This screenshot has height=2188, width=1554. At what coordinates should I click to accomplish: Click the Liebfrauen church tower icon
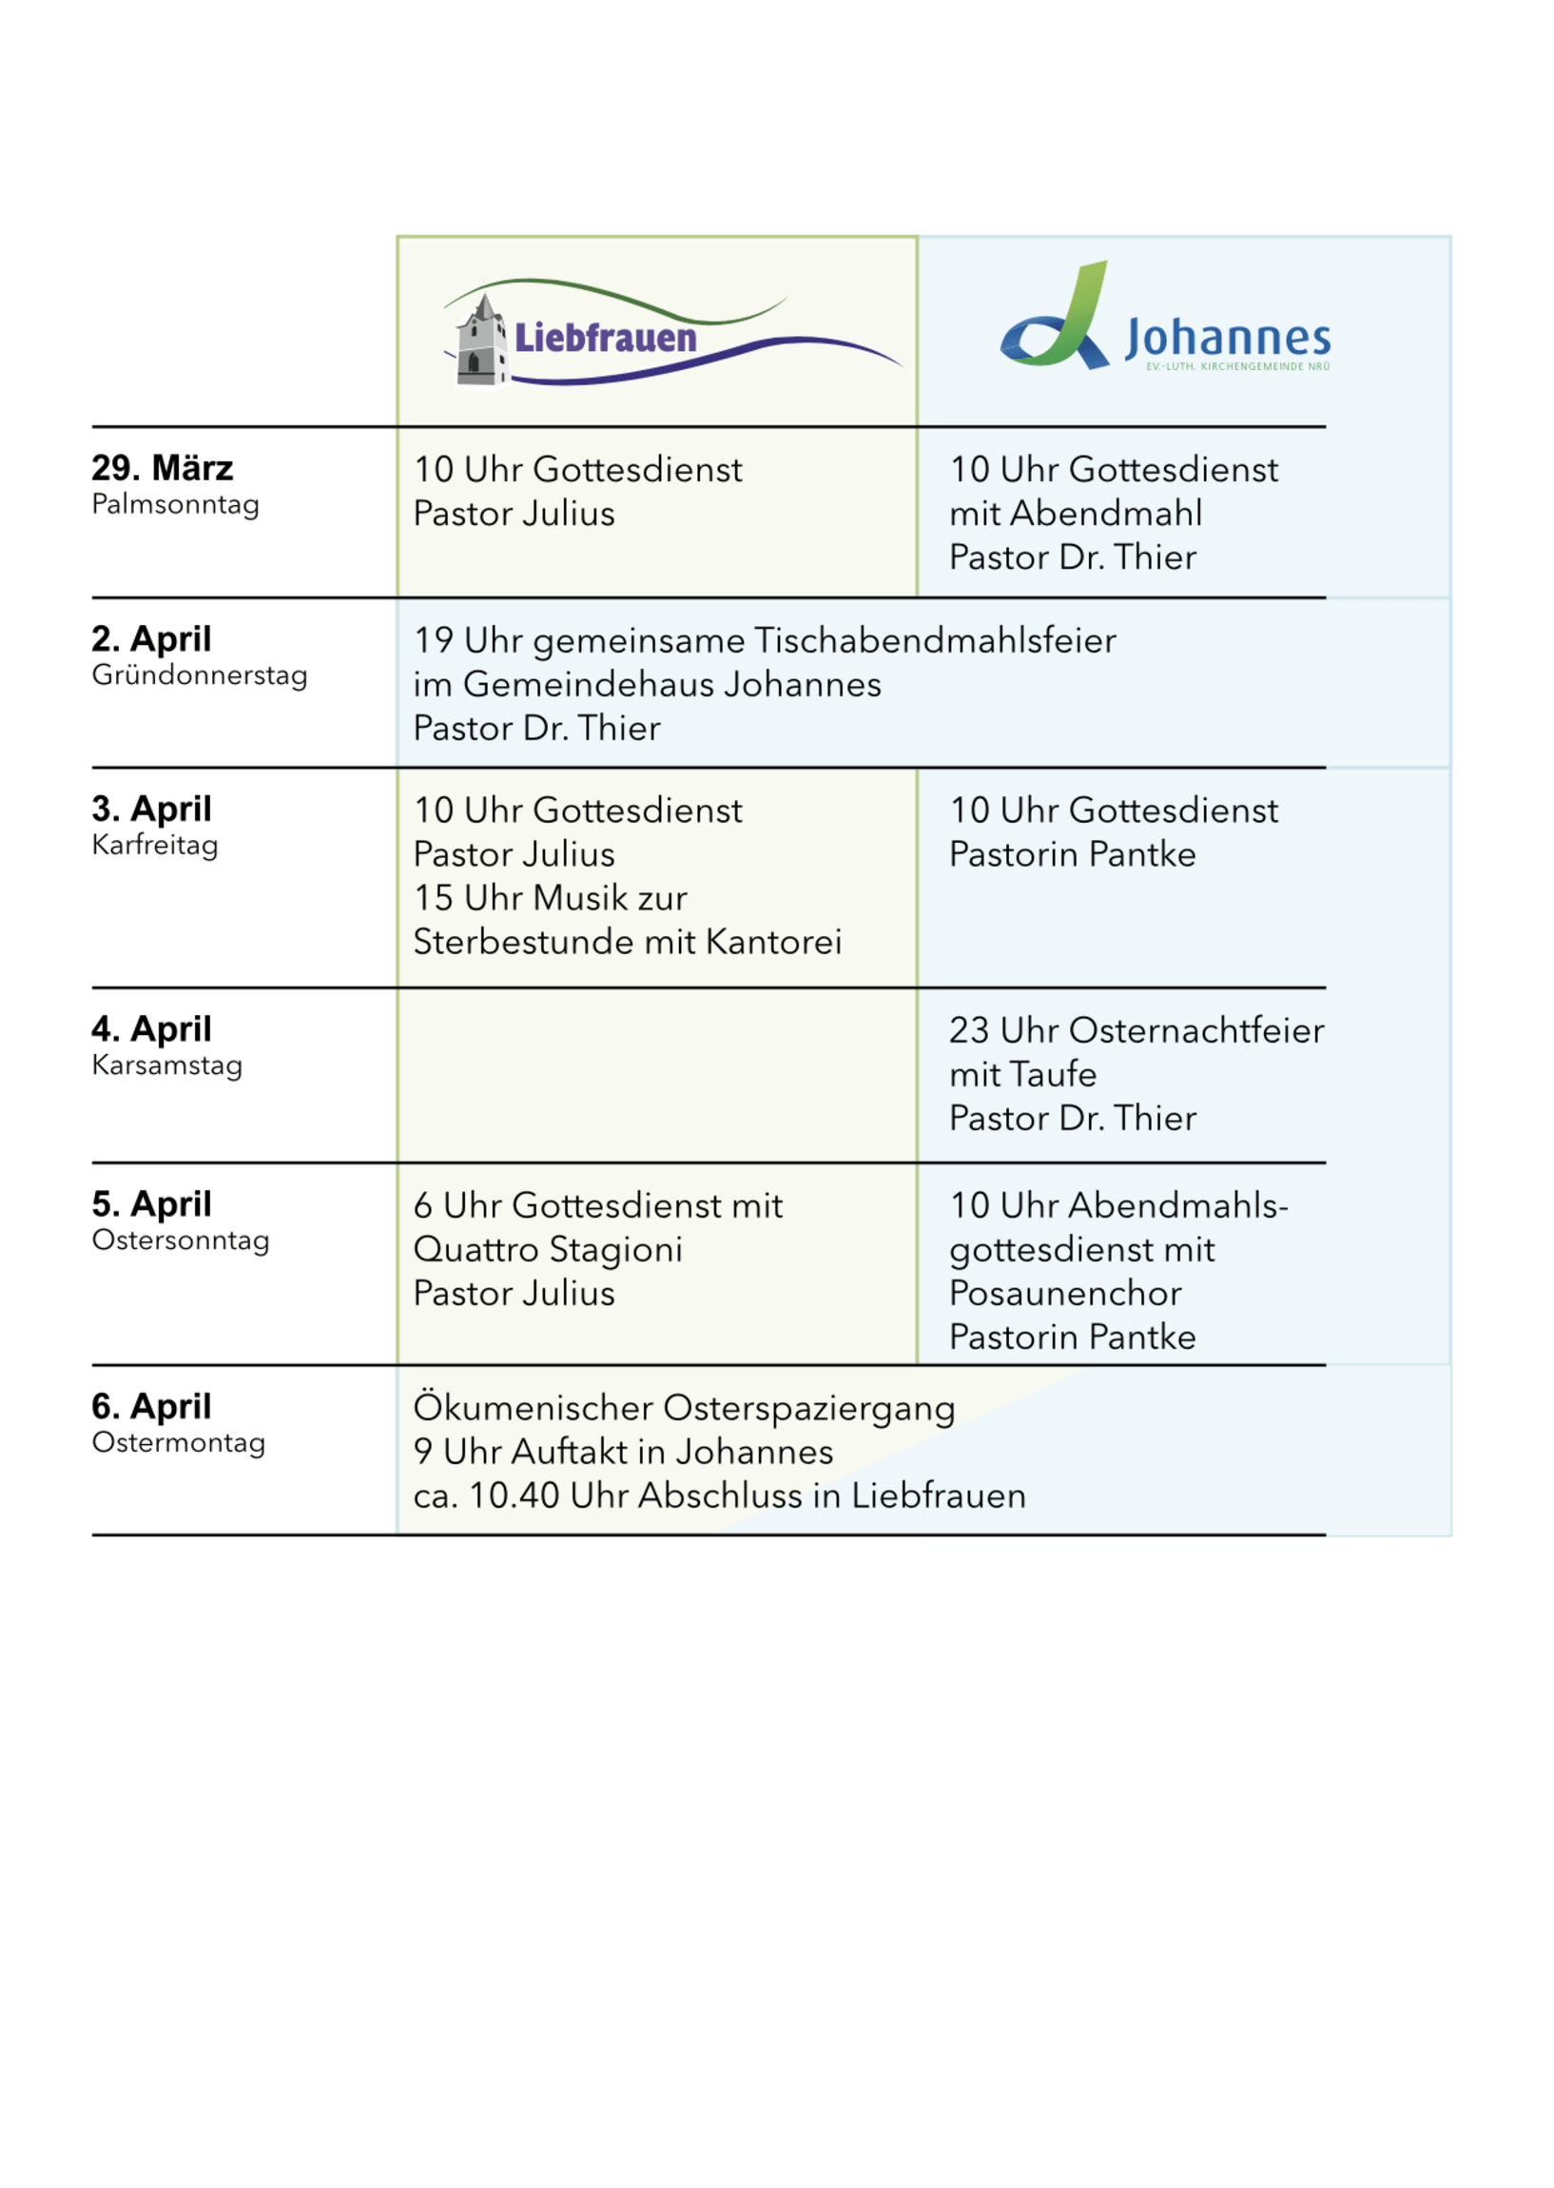pyautogui.click(x=481, y=342)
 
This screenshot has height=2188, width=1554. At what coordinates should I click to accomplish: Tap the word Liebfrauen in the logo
pyautogui.click(x=605, y=338)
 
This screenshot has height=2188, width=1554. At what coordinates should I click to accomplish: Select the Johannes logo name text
pyautogui.click(x=1227, y=338)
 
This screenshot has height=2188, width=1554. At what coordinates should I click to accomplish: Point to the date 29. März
pyautogui.click(x=163, y=468)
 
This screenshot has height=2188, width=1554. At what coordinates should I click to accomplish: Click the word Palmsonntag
pyautogui.click(x=175, y=504)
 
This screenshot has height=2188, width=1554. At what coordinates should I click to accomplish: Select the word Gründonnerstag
pyautogui.click(x=199, y=674)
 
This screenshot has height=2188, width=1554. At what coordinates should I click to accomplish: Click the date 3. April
pyautogui.click(x=151, y=809)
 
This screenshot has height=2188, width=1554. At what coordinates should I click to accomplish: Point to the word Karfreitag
pyautogui.click(x=155, y=845)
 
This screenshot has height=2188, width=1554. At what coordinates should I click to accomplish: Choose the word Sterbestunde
pyautogui.click(x=523, y=942)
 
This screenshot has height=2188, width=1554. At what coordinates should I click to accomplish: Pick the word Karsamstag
pyautogui.click(x=166, y=1065)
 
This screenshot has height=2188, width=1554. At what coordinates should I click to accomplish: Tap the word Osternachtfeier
pyautogui.click(x=1196, y=1030)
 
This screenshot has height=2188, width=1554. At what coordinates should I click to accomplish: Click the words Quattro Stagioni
pyautogui.click(x=548, y=1249)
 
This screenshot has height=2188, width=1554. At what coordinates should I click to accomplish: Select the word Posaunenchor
pyautogui.click(x=1065, y=1293)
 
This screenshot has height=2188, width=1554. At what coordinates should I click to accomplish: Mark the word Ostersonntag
pyautogui.click(x=180, y=1241)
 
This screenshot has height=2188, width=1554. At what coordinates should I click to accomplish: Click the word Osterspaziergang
pyautogui.click(x=808, y=1408)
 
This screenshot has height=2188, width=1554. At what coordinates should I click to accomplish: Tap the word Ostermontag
pyautogui.click(x=178, y=1442)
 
